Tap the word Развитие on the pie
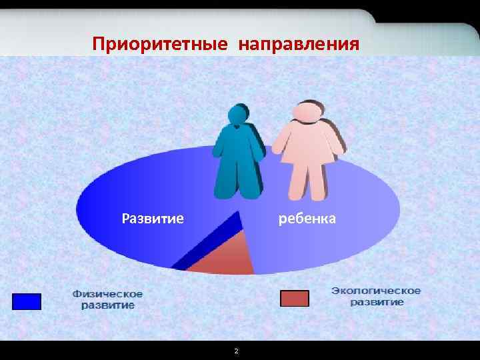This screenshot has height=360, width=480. pyautogui.click(x=153, y=218)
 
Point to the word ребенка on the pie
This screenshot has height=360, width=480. pyautogui.click(x=307, y=218)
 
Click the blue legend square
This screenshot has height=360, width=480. pyautogui.click(x=27, y=301)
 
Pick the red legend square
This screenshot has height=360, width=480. pyautogui.click(x=294, y=298)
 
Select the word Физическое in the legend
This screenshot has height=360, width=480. pyautogui.click(x=107, y=294)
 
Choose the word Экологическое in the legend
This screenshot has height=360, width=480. pyautogui.click(x=376, y=291)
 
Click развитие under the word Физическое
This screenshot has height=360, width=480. pyautogui.click(x=107, y=305)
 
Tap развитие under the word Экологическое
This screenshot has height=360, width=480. pyautogui.click(x=377, y=302)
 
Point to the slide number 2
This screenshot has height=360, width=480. pyautogui.click(x=236, y=351)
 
